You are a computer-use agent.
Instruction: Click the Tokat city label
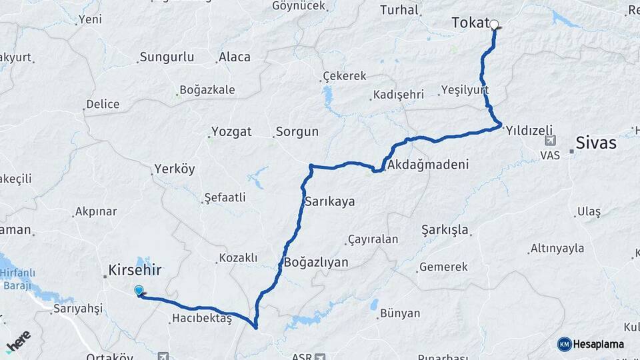pyautogui.click(x=471, y=23)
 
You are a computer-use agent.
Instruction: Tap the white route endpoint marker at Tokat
pyautogui.click(x=495, y=25)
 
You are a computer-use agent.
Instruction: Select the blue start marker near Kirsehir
pyautogui.click(x=139, y=291)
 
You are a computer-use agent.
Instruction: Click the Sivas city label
pyautogui.click(x=597, y=143)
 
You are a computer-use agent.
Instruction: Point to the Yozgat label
pyautogui.click(x=231, y=131)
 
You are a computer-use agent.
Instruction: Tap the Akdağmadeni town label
pyautogui.click(x=427, y=164)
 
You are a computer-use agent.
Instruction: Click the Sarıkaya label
pyautogui.click(x=329, y=201)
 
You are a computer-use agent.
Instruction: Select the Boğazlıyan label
pyautogui.click(x=316, y=262)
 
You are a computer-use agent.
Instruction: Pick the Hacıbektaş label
pyautogui.click(x=201, y=319)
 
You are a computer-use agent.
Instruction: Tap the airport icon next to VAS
pyautogui.click(x=550, y=140)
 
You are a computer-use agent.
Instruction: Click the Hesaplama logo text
pyautogui.click(x=599, y=345)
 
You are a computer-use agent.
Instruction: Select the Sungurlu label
pyautogui.click(x=167, y=57)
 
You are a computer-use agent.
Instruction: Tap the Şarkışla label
pyautogui.click(x=445, y=230)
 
